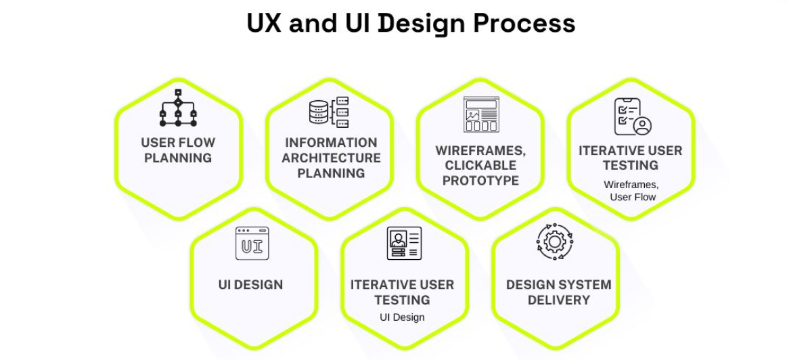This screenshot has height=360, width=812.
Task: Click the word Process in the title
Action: coord(524,23)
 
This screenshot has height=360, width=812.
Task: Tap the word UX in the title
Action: coord(264,23)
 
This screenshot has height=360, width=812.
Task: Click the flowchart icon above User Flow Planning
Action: coord(178,108)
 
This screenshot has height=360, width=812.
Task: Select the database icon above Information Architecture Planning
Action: coord(329,112)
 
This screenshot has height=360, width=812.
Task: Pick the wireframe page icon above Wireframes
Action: coord(481,114)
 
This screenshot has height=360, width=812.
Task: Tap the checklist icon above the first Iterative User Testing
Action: coord(633,116)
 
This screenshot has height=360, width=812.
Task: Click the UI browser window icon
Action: coord(252,243)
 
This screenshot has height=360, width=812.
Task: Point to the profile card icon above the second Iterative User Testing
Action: coord(404,243)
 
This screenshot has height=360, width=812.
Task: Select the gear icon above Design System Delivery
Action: coord(555,242)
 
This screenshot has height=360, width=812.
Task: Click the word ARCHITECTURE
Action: coord(332,158)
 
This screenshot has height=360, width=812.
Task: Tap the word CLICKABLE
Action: coord(480,165)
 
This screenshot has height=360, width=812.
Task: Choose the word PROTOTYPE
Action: coord(480,181)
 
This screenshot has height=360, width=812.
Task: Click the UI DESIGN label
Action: coord(250,285)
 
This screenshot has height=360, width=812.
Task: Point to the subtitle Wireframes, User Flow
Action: coord(632,191)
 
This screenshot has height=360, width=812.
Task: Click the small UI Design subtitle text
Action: coord(402,317)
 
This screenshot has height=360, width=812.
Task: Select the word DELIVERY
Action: coord(559,300)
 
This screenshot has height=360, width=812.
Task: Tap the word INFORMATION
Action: coord(332,143)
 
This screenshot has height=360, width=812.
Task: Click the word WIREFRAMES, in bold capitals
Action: coord(480,151)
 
